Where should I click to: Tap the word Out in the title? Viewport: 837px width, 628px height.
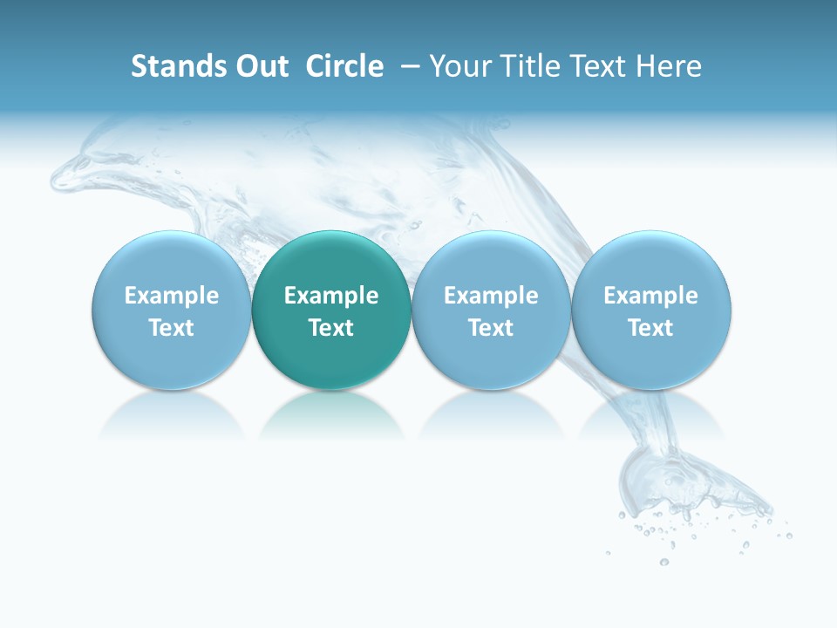pos(259,66)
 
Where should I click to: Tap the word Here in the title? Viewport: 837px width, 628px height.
pos(670,66)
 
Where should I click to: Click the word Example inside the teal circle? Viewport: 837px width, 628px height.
pos(331,296)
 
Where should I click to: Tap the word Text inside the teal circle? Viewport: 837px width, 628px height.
pos(331,328)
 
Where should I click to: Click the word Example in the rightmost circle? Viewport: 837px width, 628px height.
pos(651,296)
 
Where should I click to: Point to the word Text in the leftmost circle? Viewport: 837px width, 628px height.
pos(171,328)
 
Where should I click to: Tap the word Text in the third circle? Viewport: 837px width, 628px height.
pos(491,328)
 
